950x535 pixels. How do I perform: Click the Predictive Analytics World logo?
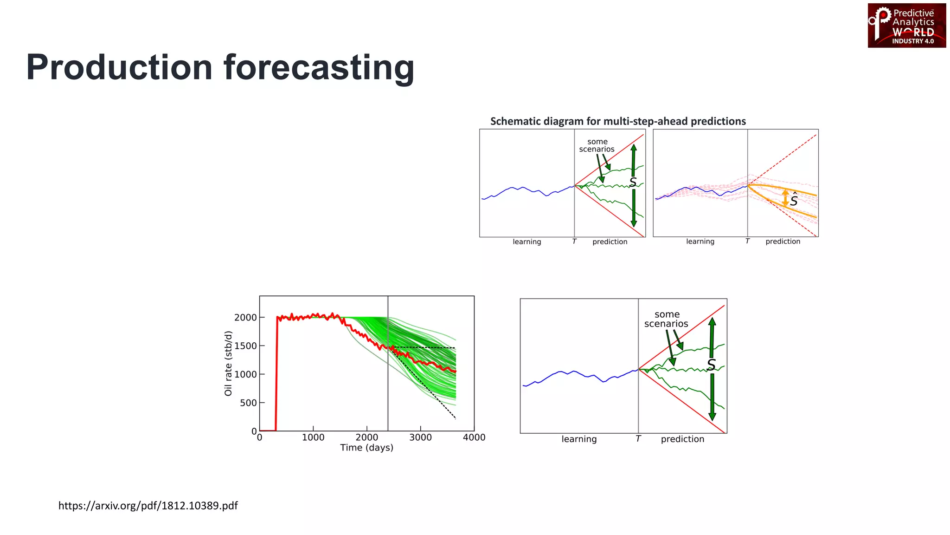pyautogui.click(x=906, y=26)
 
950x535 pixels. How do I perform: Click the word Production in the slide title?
pyautogui.click(x=119, y=68)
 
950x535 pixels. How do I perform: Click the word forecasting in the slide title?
pyautogui.click(x=319, y=68)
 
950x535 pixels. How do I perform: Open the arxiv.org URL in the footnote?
pyautogui.click(x=148, y=506)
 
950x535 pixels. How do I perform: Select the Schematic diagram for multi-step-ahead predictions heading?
pyautogui.click(x=618, y=121)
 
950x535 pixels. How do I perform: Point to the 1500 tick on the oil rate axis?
pyautogui.click(x=245, y=346)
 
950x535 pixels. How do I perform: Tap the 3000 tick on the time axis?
pyautogui.click(x=420, y=437)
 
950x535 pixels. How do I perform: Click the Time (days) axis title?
pyautogui.click(x=366, y=448)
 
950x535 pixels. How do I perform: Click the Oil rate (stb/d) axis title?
pyautogui.click(x=228, y=364)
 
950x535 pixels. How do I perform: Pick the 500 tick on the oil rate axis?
pyautogui.click(x=248, y=403)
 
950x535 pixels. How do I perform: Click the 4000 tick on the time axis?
pyautogui.click(x=474, y=437)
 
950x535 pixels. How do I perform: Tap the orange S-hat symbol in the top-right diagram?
pyautogui.click(x=794, y=200)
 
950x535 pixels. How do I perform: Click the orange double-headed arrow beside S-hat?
pyautogui.click(x=785, y=198)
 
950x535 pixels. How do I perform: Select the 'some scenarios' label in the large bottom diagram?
pyautogui.click(x=666, y=319)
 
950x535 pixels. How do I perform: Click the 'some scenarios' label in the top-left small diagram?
pyautogui.click(x=597, y=145)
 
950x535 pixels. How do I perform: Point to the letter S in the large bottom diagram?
pyautogui.click(x=711, y=365)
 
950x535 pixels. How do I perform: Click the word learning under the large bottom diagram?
pyautogui.click(x=579, y=439)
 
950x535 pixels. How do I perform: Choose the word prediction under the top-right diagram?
pyautogui.click(x=783, y=241)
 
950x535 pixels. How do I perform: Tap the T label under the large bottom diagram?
pyautogui.click(x=638, y=439)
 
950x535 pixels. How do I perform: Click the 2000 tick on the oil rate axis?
pyautogui.click(x=245, y=318)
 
